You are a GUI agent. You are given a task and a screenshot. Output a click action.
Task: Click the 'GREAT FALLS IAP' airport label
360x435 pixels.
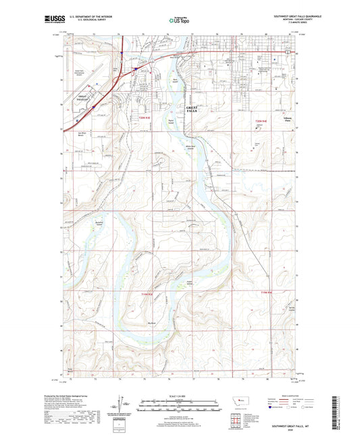tap(84, 99)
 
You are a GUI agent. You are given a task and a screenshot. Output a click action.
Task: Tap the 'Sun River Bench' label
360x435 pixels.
tap(82, 135)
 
